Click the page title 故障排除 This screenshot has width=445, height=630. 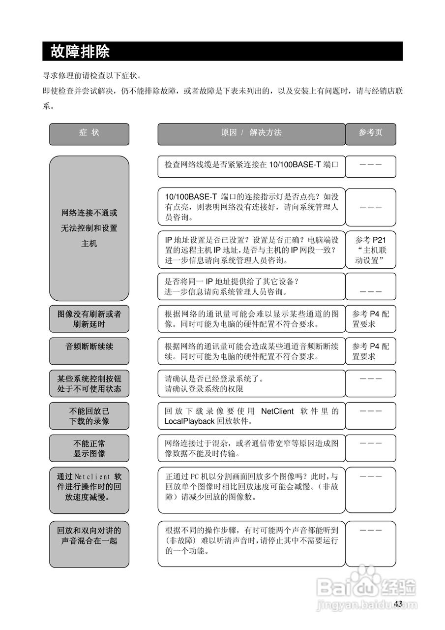[x=80, y=51]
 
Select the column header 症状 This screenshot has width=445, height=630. [x=89, y=133]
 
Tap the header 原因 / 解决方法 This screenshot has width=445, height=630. [x=251, y=133]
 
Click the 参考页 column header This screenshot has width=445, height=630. [x=370, y=133]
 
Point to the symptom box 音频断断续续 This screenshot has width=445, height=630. [x=89, y=347]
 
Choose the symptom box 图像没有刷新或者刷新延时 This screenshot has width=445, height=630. [x=89, y=319]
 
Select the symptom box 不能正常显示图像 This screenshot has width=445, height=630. [x=89, y=448]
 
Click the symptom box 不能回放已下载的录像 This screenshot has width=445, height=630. [x=89, y=416]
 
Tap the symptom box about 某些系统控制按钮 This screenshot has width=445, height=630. [x=89, y=383]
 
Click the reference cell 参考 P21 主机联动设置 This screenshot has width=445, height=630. [x=370, y=250]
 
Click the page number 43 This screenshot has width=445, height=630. [x=398, y=604]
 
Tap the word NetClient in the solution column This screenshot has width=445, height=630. [x=277, y=411]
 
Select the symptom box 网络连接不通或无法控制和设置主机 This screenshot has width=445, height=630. [x=89, y=228]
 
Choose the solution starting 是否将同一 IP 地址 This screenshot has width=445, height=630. [x=251, y=286]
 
